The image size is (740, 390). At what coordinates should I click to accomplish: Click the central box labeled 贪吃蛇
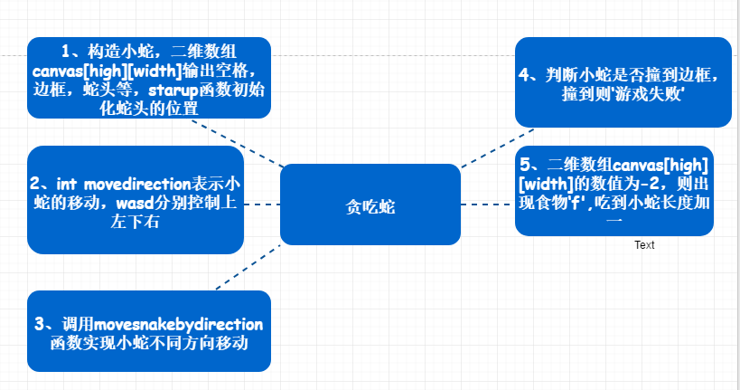pos(370,205)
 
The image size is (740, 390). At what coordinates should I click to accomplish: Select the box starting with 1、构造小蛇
pos(149,78)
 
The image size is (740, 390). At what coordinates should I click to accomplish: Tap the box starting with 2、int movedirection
pos(136,199)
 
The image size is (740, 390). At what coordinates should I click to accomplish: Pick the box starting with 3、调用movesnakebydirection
pos(149,331)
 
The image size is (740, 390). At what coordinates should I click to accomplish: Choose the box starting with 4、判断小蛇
pos(623,82)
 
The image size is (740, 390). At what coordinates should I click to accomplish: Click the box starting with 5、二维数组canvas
pos(614,191)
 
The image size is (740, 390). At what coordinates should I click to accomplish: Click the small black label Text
pos(644,245)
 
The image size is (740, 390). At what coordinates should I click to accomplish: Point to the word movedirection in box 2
pos(137,184)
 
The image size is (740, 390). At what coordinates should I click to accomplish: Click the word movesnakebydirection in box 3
pos(178,325)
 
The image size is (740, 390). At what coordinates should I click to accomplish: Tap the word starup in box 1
pos(173,90)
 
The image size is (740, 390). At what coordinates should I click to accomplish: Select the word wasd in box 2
pos(135,203)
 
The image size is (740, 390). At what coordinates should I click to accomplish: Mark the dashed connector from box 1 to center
pos(238,143)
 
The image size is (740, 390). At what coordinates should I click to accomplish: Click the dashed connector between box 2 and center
pos(262,205)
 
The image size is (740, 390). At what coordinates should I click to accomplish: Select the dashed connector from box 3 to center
pos(248,267)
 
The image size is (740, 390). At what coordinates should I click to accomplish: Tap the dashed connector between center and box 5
pos(488,205)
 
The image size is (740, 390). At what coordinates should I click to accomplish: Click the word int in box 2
pos(67,184)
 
